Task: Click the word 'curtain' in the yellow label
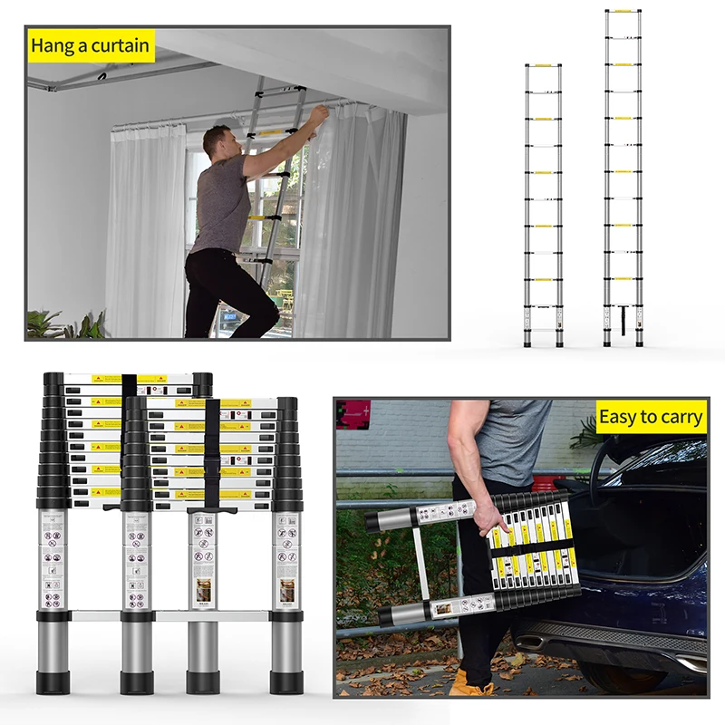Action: point(115,45)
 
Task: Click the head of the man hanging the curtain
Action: point(217,141)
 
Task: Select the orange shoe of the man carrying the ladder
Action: point(471,682)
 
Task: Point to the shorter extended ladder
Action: point(544,204)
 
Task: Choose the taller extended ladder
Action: point(623,177)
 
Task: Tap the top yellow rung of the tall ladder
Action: point(623,12)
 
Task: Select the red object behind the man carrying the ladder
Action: point(543,484)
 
